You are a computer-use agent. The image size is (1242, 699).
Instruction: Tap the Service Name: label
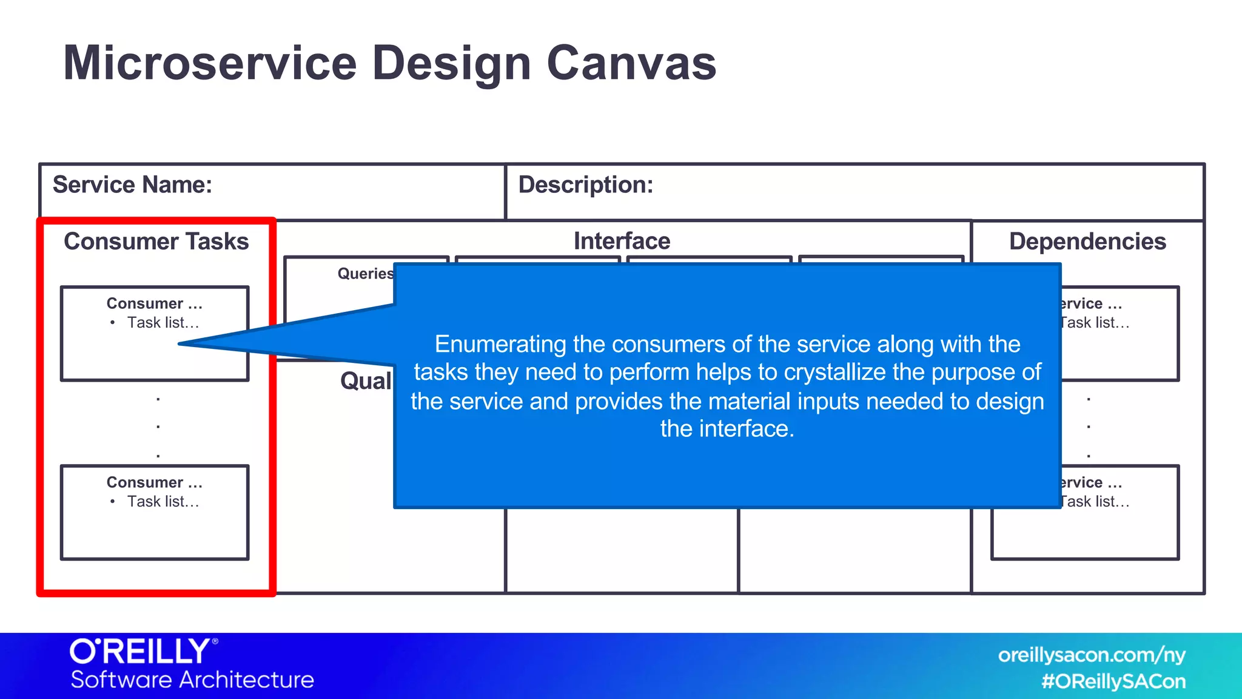tap(132, 184)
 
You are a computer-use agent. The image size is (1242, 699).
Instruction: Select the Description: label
tap(585, 184)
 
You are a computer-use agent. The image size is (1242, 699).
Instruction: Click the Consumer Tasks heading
tap(156, 241)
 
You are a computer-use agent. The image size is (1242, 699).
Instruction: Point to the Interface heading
tap(622, 241)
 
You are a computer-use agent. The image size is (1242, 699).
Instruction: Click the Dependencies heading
tap(1087, 241)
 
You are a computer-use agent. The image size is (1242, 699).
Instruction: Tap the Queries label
tap(365, 274)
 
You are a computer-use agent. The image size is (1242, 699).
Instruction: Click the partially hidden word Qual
tap(366, 381)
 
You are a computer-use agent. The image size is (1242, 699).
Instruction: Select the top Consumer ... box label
tap(154, 303)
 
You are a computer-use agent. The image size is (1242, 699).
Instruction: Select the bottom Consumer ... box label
tap(154, 482)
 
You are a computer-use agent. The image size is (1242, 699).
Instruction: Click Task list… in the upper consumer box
tap(163, 323)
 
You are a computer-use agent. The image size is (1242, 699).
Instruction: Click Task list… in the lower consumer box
tap(163, 502)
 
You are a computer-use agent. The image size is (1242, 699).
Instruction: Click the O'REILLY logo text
tap(142, 652)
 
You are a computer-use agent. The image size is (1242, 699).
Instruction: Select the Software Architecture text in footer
tap(192, 680)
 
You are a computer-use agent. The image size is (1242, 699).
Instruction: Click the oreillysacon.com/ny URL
tap(1091, 655)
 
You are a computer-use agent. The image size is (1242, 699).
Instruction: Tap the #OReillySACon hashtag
tap(1113, 681)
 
